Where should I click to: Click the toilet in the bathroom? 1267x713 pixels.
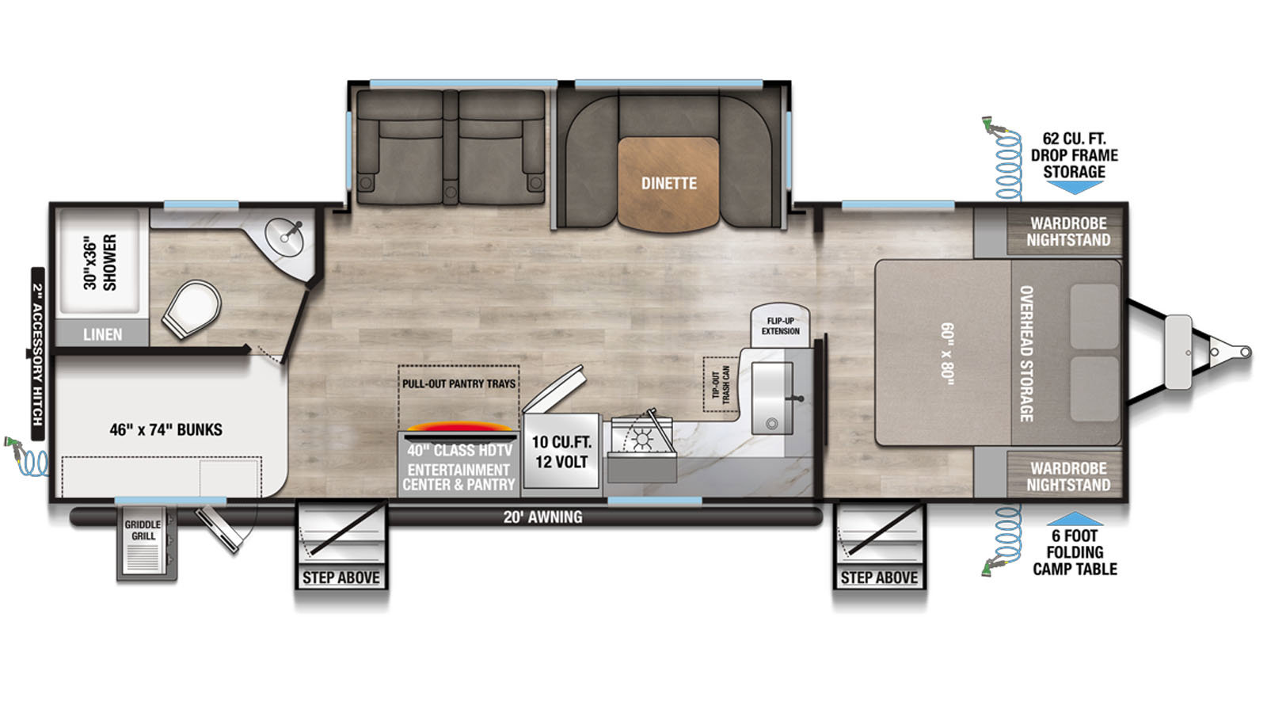[x=192, y=309]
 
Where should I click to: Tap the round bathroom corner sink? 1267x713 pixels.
[x=284, y=238]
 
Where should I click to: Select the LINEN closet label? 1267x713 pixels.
[x=102, y=334]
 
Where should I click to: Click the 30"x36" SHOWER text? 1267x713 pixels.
[x=100, y=262]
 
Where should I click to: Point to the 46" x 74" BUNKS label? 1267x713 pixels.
[x=166, y=429]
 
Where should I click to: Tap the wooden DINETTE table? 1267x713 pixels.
[x=668, y=184]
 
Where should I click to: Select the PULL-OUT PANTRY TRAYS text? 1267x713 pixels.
[x=458, y=383]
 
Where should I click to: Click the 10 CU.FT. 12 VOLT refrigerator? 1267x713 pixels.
[x=561, y=451]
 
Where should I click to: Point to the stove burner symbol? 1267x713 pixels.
[x=642, y=439]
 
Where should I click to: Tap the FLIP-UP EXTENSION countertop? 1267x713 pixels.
[x=780, y=326]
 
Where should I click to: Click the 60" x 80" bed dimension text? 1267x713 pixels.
[x=948, y=354]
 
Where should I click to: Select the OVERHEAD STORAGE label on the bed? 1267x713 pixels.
[x=1026, y=353]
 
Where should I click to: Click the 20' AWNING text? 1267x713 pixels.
[x=543, y=517]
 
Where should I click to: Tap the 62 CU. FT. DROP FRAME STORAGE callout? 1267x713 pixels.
[x=1074, y=155]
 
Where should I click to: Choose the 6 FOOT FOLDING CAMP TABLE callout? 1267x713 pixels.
[x=1075, y=552]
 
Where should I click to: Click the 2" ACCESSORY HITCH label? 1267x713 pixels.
[x=37, y=354]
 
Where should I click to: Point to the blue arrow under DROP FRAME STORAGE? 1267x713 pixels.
[x=1074, y=187]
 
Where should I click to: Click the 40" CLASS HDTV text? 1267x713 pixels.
[x=459, y=451]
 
